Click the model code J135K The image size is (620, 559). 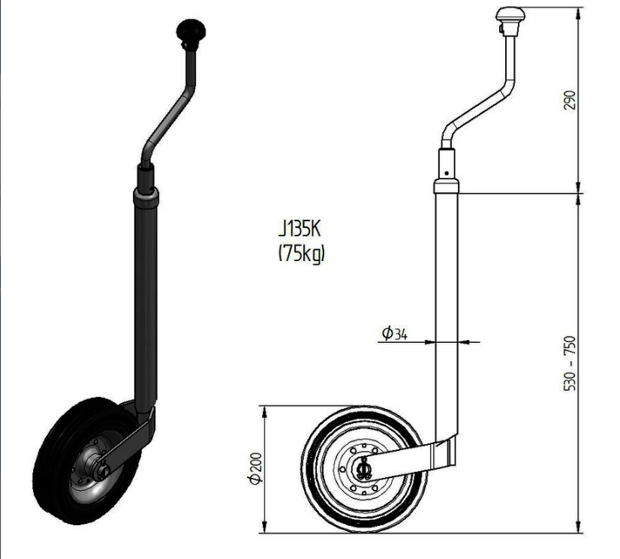[299, 229]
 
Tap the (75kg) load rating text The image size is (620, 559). [301, 253]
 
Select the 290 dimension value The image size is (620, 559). [570, 101]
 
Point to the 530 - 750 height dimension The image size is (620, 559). [570, 363]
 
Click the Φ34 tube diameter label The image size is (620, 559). [394, 333]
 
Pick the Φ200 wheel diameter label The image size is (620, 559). [255, 468]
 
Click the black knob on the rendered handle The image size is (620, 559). [191, 30]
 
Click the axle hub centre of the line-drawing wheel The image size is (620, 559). [363, 470]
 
